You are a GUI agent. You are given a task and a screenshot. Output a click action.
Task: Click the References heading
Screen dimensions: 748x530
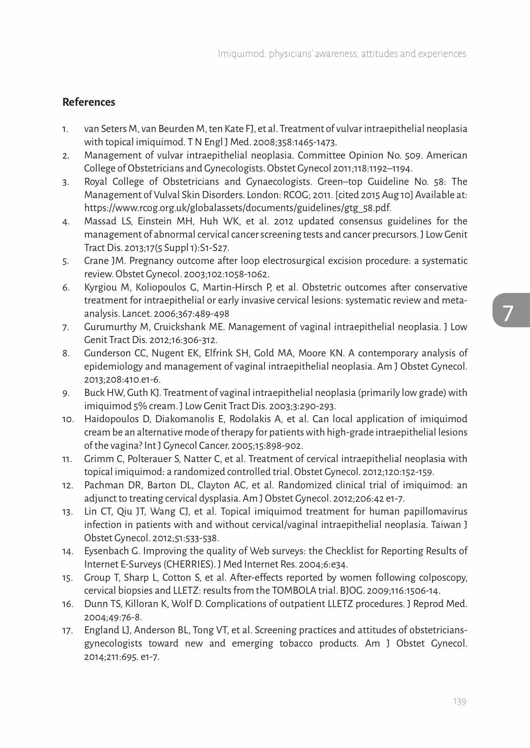(x=89, y=102)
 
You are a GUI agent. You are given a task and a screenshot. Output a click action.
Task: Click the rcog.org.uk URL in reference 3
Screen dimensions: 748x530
(x=238, y=208)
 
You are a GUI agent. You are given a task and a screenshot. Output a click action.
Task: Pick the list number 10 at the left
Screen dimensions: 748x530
(x=68, y=420)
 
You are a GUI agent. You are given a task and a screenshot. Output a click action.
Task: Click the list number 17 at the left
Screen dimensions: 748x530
(x=68, y=631)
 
